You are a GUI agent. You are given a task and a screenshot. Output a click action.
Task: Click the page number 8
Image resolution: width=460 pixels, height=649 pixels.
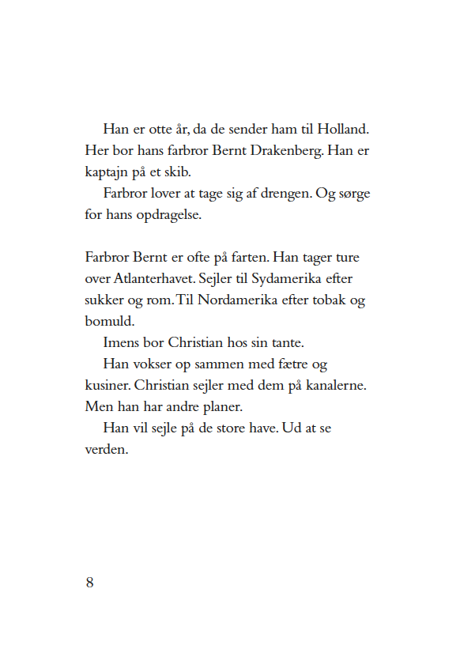tap(89, 583)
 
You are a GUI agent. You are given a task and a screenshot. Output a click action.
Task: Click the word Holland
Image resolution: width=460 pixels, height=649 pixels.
tap(345, 129)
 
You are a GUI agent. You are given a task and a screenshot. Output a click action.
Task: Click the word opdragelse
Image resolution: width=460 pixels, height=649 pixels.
tap(165, 215)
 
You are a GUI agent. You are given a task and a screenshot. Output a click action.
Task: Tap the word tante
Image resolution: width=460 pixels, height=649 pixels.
tap(286, 344)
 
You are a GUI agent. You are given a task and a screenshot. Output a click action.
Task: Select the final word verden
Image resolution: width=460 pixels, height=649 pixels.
tap(106, 451)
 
